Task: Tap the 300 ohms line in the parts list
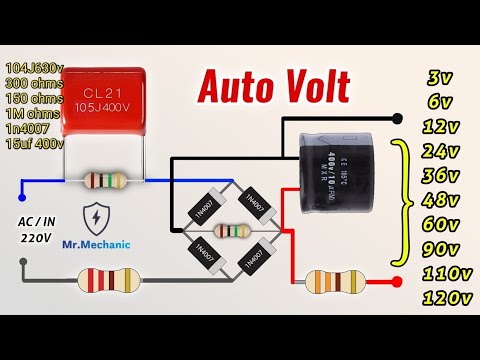tap(33, 83)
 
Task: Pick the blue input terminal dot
tap(20, 186)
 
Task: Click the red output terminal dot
tap(399, 282)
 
